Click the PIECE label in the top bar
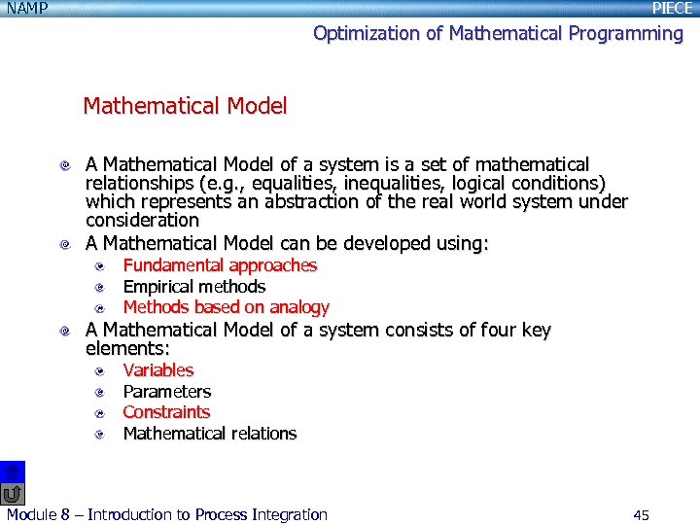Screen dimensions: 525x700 coord(672,8)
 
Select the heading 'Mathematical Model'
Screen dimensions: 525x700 coord(185,106)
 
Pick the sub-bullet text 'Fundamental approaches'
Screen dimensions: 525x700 coord(220,265)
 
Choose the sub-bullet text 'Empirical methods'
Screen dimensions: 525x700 coord(193,287)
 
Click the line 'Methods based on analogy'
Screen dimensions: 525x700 coord(226,307)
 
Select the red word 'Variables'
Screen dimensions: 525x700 coord(157,370)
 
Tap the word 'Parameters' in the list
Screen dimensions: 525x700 coord(166,392)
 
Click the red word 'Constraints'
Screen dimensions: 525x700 coord(165,412)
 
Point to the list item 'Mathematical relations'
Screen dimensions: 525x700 coord(209,434)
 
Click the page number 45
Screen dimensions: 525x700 coord(641,515)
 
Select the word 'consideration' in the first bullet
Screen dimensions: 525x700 coord(142,221)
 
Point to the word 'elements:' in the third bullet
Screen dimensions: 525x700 coord(127,349)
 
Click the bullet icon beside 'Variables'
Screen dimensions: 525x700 coord(101,371)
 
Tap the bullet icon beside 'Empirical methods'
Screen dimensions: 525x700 coord(101,287)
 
